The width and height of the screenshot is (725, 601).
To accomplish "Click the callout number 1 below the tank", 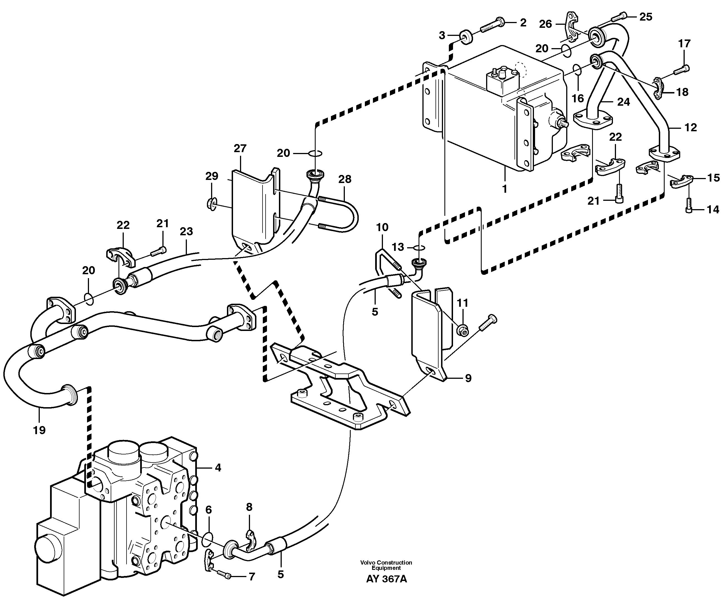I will click(504, 189).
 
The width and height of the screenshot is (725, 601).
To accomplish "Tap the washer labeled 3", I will click(466, 36).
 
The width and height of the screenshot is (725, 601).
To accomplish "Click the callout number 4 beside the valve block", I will click(217, 468).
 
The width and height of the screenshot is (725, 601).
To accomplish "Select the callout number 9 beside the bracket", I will click(468, 378).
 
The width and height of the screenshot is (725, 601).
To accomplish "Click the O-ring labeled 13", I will click(419, 248).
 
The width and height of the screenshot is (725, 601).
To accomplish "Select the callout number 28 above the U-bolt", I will click(345, 179).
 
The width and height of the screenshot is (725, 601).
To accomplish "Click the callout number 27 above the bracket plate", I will click(240, 149).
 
